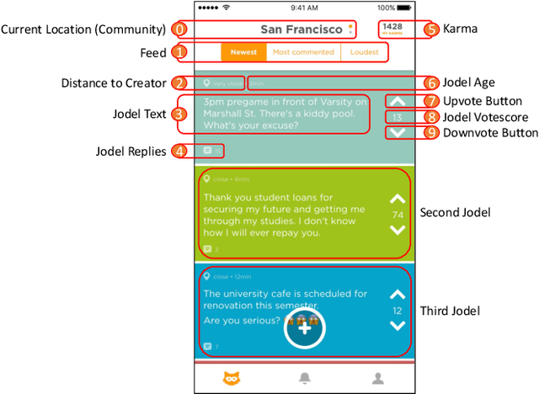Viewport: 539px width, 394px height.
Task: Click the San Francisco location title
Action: point(301,29)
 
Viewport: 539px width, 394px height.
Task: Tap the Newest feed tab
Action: point(244,52)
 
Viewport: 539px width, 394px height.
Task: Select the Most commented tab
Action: point(303,52)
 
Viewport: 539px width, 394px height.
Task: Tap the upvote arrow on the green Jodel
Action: point(398,200)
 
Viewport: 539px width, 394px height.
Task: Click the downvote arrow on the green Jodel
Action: point(398,230)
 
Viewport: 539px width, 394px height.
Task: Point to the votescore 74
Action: point(398,215)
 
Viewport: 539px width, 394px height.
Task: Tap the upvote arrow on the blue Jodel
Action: point(398,295)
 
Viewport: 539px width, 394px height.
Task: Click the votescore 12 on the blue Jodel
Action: point(398,311)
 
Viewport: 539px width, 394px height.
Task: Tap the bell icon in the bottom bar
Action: point(305,379)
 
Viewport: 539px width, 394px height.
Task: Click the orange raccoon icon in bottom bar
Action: point(229,379)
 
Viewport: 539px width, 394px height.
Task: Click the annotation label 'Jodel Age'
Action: point(470,83)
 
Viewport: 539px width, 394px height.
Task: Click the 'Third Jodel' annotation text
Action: point(450,311)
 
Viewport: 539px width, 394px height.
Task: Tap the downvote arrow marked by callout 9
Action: point(398,133)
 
